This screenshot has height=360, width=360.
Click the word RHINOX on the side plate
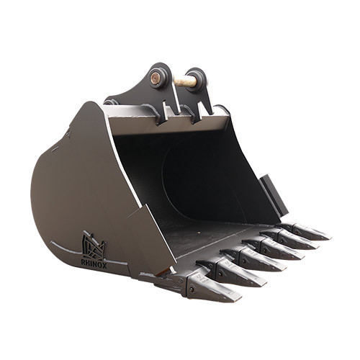point(94,262)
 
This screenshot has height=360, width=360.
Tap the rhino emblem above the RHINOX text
point(94,246)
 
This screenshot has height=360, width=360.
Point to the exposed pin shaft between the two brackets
point(185,81)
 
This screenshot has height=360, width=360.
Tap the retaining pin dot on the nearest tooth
point(192,289)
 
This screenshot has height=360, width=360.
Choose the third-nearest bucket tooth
point(261,261)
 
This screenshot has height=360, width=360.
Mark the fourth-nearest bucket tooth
point(282,250)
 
